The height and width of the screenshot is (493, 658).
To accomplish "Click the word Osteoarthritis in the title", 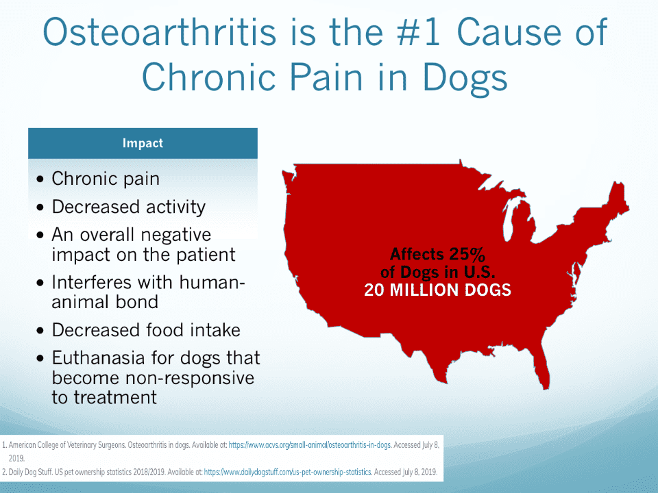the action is point(160,32).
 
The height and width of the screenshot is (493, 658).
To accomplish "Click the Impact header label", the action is point(143,143).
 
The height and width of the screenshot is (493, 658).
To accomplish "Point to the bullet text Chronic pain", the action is point(106,179).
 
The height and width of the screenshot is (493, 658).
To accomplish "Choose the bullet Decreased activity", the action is point(128,207).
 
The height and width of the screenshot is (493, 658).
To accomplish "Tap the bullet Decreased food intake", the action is point(146,330).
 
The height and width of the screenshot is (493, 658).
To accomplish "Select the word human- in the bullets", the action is point(212,282).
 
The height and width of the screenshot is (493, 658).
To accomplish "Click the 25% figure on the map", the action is point(467,254).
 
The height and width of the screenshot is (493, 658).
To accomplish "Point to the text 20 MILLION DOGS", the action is point(438,290).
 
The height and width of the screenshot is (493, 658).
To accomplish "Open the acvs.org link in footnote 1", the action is point(310,445).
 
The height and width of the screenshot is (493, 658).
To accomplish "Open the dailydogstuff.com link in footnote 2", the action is point(288,472).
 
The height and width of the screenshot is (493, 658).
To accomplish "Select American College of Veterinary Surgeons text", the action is point(66,445).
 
